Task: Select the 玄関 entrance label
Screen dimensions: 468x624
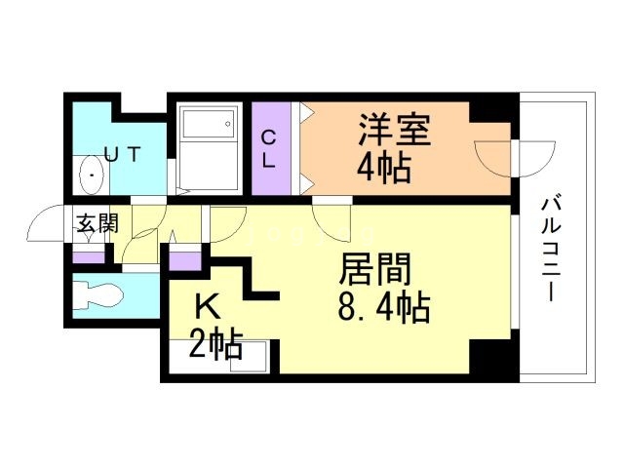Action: [x=97, y=223]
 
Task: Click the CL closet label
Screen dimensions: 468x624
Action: [x=267, y=149]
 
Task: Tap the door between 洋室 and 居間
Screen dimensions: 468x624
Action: [x=332, y=220]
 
